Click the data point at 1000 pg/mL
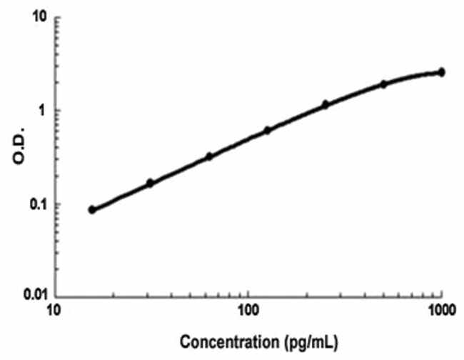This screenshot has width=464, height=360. pyautogui.click(x=441, y=72)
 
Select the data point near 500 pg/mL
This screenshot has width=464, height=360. pyautogui.click(x=383, y=84)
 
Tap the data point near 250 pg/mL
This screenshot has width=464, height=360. pyautogui.click(x=325, y=104)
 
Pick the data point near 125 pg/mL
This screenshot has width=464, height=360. pyautogui.click(x=267, y=130)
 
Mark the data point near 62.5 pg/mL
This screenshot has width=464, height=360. pyautogui.click(x=208, y=156)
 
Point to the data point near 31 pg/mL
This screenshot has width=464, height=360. pyautogui.click(x=150, y=183)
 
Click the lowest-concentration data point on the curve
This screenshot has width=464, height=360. pyautogui.click(x=91, y=209)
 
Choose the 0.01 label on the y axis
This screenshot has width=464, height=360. pyautogui.click(x=29, y=294)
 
